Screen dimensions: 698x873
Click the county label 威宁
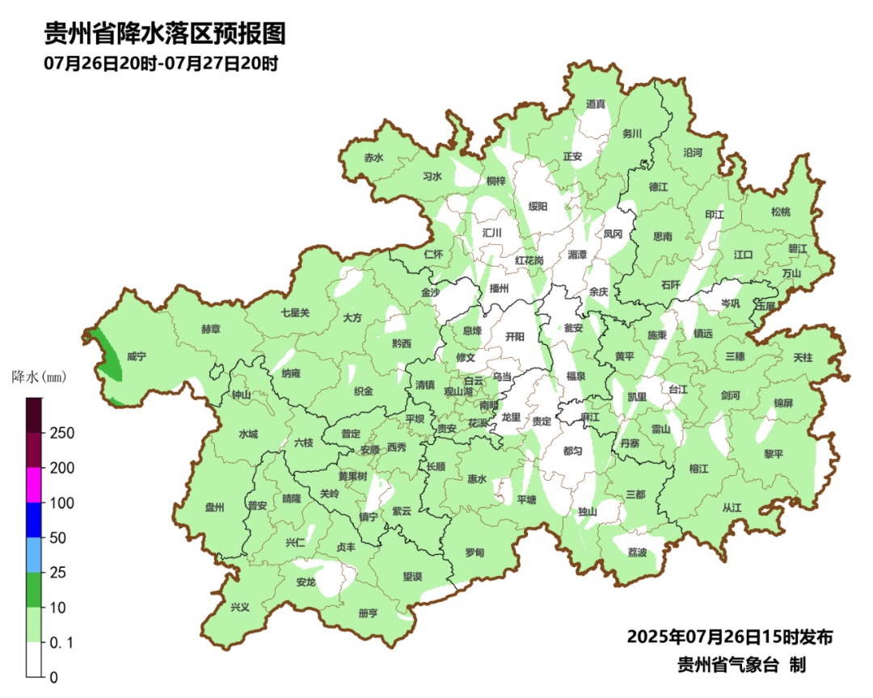point(136,355)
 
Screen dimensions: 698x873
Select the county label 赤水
point(373,158)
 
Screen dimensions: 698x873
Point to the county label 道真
point(596,104)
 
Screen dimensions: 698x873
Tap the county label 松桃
point(781,212)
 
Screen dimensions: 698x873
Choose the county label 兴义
point(240,607)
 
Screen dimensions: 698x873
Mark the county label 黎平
point(774,454)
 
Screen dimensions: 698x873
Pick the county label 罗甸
point(474,553)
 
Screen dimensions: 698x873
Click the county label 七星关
point(295,312)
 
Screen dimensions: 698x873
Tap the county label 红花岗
point(529,260)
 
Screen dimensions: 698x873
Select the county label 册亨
point(368,613)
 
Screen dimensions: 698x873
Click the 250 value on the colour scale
point(62,433)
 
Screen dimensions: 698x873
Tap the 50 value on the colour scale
point(58,538)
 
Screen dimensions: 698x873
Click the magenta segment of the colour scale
point(34,485)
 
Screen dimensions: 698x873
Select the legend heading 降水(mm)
point(38,376)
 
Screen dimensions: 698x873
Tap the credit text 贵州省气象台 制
point(741,665)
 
